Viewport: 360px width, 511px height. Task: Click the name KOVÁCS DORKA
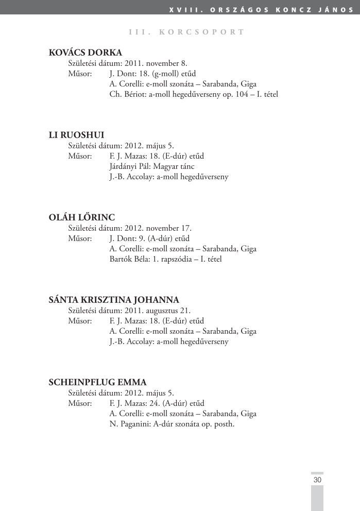pyautogui.click(x=85, y=53)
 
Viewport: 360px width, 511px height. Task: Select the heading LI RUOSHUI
pyautogui.click(x=76, y=135)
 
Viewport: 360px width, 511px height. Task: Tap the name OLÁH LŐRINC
pyautogui.click(x=81, y=217)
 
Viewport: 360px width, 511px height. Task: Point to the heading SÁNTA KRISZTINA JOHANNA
pyautogui.click(x=114, y=300)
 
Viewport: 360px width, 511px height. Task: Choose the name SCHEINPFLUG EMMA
pyautogui.click(x=97, y=382)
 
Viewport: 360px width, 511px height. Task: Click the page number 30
pyautogui.click(x=317, y=480)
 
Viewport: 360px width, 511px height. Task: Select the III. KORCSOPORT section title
pyautogui.click(x=186, y=32)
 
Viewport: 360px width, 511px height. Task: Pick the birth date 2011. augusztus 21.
pyautogui.click(x=157, y=311)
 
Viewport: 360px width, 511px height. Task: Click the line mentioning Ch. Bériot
pyautogui.click(x=194, y=94)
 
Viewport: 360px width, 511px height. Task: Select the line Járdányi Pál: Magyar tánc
pyautogui.click(x=148, y=166)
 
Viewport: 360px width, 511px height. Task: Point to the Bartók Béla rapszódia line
pyautogui.click(x=165, y=259)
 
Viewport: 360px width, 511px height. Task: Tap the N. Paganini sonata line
pyautogui.click(x=172, y=424)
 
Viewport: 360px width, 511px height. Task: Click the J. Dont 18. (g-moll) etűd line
pyautogui.click(x=152, y=74)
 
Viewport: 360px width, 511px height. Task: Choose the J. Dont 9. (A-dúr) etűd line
pyautogui.click(x=149, y=239)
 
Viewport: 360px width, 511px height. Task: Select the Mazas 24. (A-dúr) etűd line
pyautogui.click(x=157, y=403)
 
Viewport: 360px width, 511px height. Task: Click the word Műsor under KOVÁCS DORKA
pyautogui.click(x=80, y=74)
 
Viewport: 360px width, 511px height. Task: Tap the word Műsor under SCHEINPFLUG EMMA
pyautogui.click(x=80, y=403)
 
